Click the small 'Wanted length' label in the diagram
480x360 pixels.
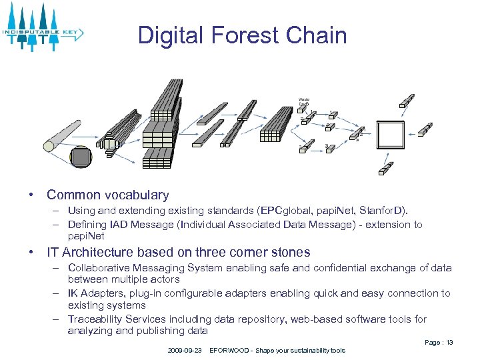[x=304, y=102]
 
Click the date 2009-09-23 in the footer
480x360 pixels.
[x=185, y=350]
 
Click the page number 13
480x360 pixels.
[x=449, y=342]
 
